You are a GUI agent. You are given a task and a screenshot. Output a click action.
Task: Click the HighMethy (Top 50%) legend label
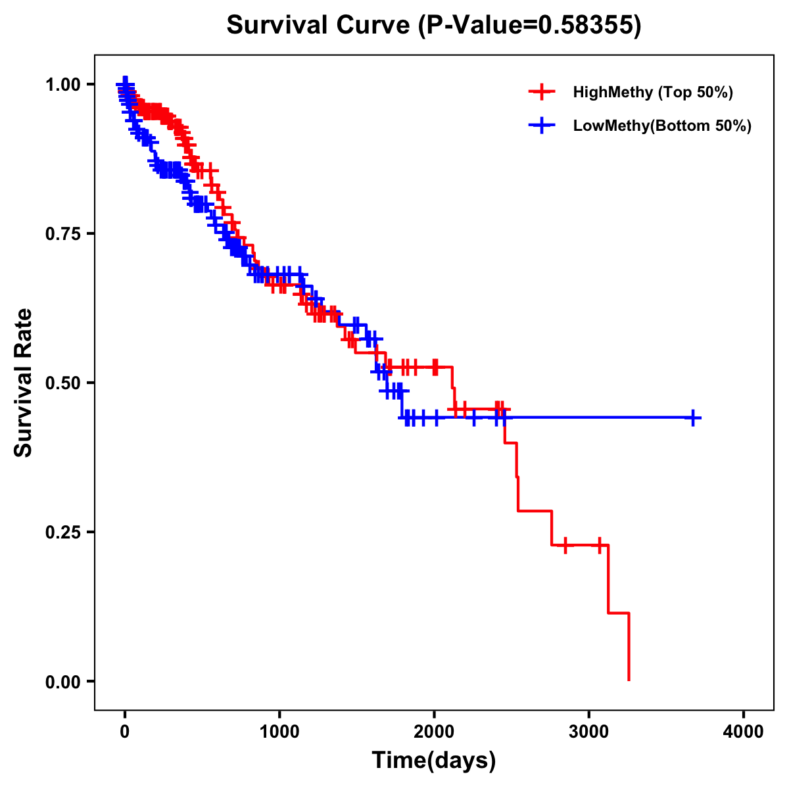652,92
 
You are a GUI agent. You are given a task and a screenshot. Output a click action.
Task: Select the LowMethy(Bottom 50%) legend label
662,126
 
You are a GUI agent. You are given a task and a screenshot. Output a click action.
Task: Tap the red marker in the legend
541,92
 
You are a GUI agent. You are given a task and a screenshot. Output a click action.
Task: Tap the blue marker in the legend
541,126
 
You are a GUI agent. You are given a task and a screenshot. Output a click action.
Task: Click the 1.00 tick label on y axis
64,84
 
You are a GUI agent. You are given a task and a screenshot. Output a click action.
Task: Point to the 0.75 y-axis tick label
64,233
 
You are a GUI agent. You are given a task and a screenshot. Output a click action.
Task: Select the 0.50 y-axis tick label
64,383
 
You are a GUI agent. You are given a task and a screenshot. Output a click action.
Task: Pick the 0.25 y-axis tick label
64,532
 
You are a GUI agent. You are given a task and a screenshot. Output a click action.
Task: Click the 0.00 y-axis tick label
64,681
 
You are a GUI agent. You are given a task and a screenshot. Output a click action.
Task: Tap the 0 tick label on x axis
125,732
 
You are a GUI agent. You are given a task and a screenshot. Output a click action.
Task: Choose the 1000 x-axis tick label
279,732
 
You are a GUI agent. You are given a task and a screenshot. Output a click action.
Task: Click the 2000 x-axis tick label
434,732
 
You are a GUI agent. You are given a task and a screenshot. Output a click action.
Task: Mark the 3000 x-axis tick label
589,732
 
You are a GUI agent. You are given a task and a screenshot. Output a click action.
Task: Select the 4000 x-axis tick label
744,732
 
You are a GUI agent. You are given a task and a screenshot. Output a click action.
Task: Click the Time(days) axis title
434,761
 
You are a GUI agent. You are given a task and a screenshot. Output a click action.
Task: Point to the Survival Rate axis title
24,383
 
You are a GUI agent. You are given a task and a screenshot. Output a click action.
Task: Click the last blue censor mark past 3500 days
693,418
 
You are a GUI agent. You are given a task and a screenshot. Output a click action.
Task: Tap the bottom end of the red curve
629,679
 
